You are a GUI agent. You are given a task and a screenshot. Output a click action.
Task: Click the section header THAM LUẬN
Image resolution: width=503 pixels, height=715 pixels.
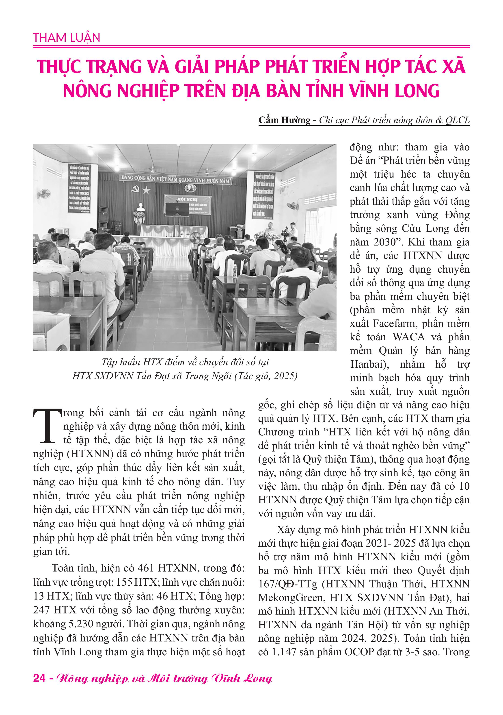[x=67, y=38]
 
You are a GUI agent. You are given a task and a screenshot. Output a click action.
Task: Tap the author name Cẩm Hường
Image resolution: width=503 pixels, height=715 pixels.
[x=285, y=120]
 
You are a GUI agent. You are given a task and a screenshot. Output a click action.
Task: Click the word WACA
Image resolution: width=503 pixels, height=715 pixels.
[x=409, y=337]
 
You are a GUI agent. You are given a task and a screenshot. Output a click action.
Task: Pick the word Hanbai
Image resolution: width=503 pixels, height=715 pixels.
[x=366, y=364]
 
